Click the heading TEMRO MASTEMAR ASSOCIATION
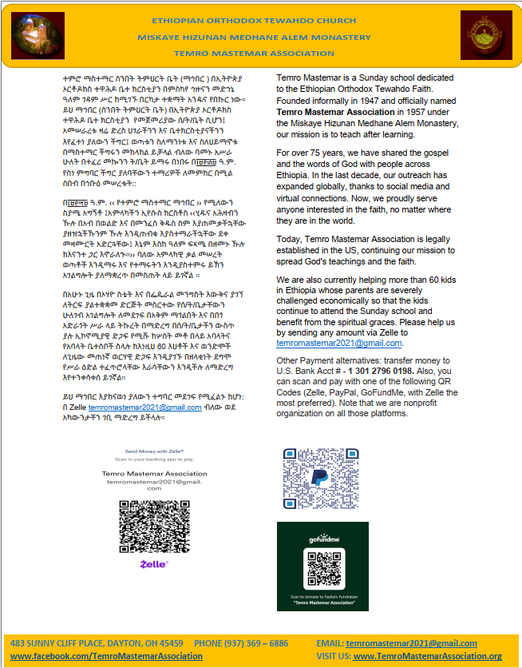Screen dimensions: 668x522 coord(260,51)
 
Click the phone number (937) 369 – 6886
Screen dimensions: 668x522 coord(241,643)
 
